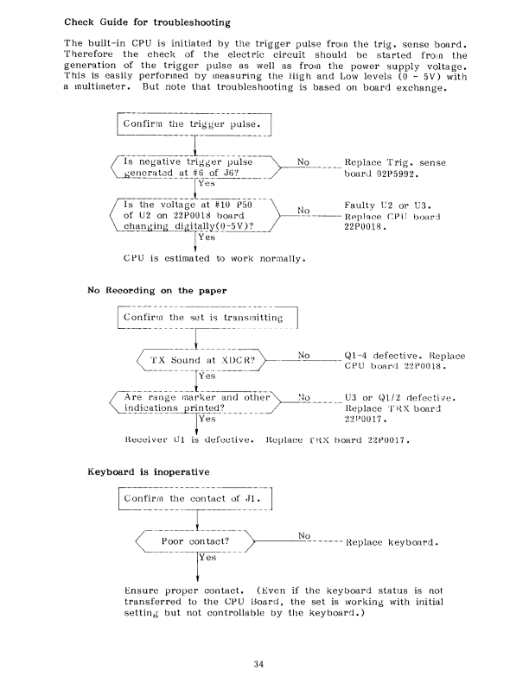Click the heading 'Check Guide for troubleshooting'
point(147,22)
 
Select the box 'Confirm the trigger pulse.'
point(194,124)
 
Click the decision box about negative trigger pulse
point(195,167)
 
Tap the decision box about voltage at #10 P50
point(195,216)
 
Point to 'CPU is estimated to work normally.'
point(214,258)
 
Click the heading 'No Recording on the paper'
point(157,291)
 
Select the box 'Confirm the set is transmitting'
point(207,318)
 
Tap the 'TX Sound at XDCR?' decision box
point(201,360)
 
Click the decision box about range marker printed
point(195,402)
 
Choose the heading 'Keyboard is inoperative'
point(149,471)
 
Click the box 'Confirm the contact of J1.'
point(195,499)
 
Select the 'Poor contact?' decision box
point(195,541)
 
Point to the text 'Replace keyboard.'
point(392,542)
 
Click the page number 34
point(258,664)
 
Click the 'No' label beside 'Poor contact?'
point(304,535)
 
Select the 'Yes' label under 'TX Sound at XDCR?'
point(207,376)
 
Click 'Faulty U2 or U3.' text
point(387,205)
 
